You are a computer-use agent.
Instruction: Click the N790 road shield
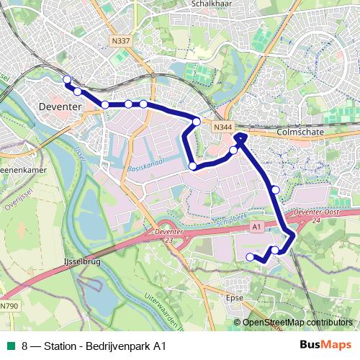pyautogui.click(x=7, y=307)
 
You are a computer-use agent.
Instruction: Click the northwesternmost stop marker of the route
pyautogui.click(x=67, y=80)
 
